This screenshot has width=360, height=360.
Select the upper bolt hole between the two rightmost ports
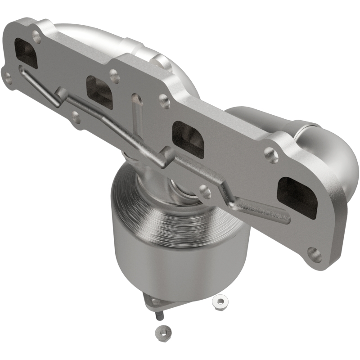tap(271, 154)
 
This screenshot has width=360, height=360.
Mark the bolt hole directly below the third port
tap(205, 191)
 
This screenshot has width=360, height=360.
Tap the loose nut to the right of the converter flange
tap(220, 300)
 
